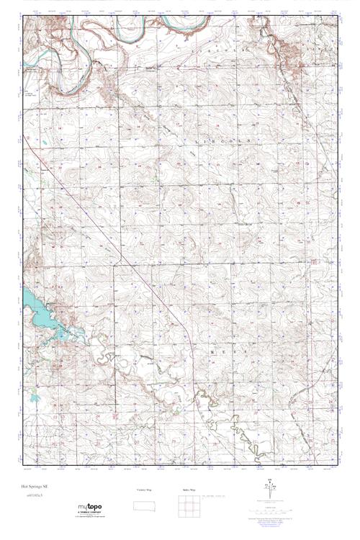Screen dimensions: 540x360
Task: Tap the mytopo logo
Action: [89, 507]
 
